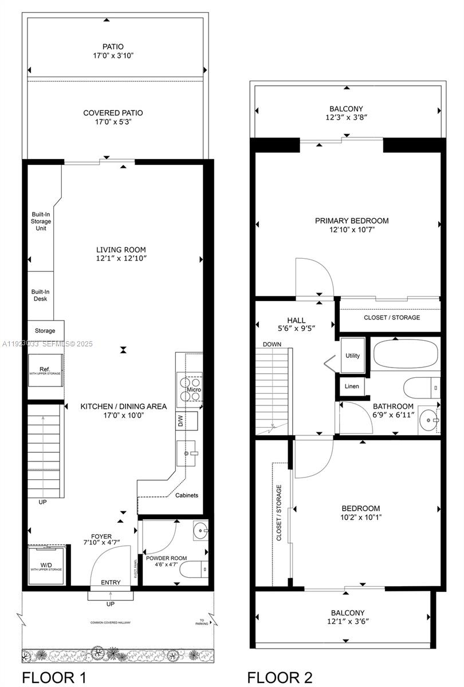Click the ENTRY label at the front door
point(111,583)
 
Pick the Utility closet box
point(353,356)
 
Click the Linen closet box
point(351,386)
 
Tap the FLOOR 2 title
point(280,678)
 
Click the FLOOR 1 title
point(54,678)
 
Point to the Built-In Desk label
point(40,295)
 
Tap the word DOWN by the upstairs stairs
point(272,345)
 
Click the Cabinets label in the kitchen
point(187,495)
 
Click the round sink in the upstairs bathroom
point(427,420)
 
